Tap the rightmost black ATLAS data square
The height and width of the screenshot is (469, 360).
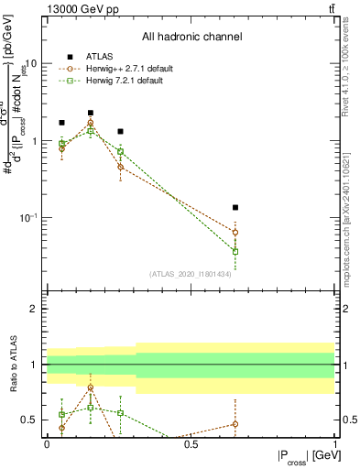coord(235,208)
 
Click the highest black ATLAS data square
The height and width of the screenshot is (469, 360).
coord(91,113)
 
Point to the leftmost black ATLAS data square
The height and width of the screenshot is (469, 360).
coord(61,123)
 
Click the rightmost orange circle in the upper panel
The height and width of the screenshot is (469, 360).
coord(235,233)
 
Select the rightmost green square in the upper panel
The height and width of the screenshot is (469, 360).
coord(235,251)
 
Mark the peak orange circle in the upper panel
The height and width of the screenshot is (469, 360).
coord(91,123)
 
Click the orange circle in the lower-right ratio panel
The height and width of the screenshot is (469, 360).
coord(235,424)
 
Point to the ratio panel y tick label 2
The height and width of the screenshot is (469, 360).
coord(34,309)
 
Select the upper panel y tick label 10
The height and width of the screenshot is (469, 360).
coord(29,64)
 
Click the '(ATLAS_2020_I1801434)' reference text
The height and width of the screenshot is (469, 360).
coord(190,274)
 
